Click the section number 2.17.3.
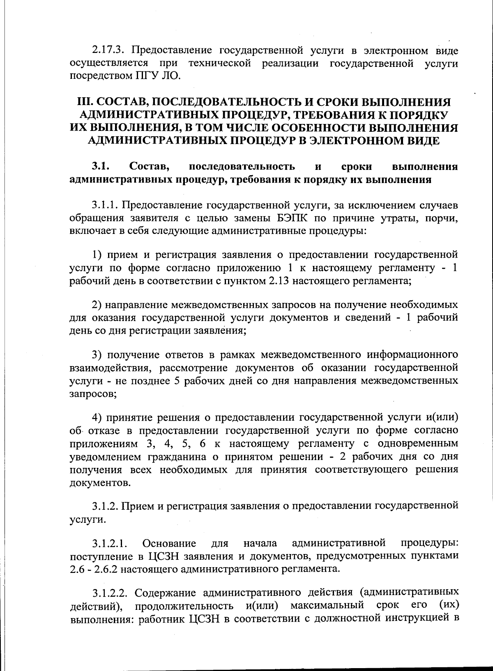pos(108,51)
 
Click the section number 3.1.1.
pos(105,205)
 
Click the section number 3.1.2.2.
pos(109,593)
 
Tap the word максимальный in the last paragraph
pos(327,606)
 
